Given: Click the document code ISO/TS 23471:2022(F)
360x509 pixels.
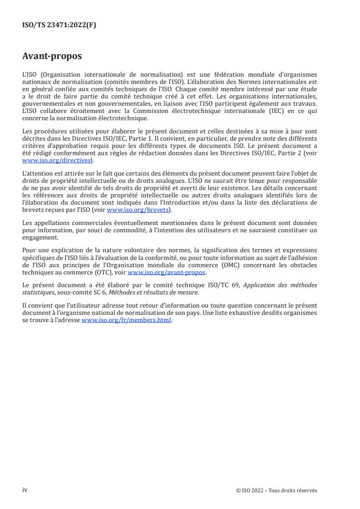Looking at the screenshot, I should [x=59, y=25].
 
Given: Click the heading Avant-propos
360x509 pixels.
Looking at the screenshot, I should [x=52, y=57].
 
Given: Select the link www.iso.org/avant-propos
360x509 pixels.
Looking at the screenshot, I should [x=167, y=272].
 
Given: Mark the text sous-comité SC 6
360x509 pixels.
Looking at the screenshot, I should [x=87, y=292].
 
